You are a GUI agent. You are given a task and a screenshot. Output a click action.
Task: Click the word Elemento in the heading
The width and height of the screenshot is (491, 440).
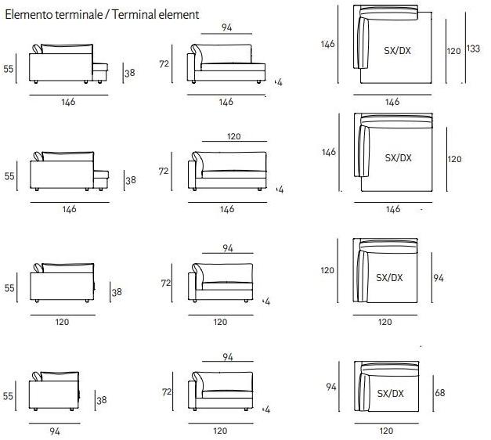28,14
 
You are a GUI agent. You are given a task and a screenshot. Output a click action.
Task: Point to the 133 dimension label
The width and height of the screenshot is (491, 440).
473,49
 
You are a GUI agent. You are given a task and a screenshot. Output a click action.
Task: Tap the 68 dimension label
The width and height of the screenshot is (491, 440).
439,392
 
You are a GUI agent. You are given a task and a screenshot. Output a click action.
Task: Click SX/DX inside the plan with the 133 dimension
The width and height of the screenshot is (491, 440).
397,51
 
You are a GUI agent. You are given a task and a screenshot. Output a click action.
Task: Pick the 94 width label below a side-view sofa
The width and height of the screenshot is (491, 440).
54,430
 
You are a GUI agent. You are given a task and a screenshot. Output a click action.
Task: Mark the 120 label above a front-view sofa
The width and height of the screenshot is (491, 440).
233,136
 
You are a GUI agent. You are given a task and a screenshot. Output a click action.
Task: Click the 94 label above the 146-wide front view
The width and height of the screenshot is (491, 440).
227,27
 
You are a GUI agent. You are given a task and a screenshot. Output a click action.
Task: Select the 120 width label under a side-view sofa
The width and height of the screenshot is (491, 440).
62,322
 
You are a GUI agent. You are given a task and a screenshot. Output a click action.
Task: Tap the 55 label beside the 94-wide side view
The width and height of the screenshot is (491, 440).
9,396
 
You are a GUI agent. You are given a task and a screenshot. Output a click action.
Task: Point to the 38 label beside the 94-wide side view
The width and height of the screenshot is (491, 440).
101,400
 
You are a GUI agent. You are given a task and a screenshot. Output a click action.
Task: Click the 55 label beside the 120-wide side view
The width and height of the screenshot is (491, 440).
9,288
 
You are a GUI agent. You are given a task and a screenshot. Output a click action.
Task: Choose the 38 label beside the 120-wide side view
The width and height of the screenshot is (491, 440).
117,291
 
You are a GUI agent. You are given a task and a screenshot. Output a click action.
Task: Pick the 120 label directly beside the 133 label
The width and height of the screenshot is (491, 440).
454,50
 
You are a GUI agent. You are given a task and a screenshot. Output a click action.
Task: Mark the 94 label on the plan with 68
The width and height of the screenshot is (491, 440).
331,387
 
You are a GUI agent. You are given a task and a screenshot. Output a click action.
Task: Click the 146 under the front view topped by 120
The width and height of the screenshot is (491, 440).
227,209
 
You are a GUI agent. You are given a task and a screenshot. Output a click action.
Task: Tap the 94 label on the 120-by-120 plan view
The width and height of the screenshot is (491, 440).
439,277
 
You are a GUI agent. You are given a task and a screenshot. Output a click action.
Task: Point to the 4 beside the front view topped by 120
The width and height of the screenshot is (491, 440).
280,189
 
